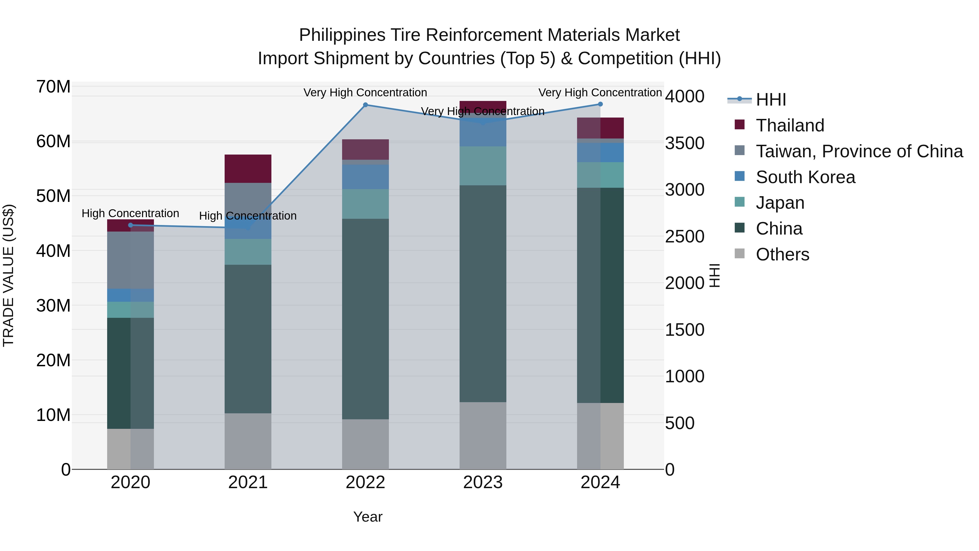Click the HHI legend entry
pyautogui.click(x=771, y=100)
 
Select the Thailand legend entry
pyautogui.click(x=790, y=125)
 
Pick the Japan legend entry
pyautogui.click(x=780, y=203)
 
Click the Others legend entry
pyautogui.click(x=782, y=254)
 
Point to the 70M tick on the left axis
pyautogui.click(x=53, y=87)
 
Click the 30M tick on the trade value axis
pyautogui.click(x=53, y=306)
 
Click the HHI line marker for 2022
pyautogui.click(x=365, y=105)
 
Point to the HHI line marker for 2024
pyautogui.click(x=600, y=104)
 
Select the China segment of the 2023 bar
pyautogui.click(x=483, y=294)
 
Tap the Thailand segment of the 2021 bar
pyautogui.click(x=248, y=169)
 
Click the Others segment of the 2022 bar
pyautogui.click(x=365, y=444)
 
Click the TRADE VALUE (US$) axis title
pyautogui.click(x=8, y=275)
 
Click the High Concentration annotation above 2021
pyautogui.click(x=248, y=216)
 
